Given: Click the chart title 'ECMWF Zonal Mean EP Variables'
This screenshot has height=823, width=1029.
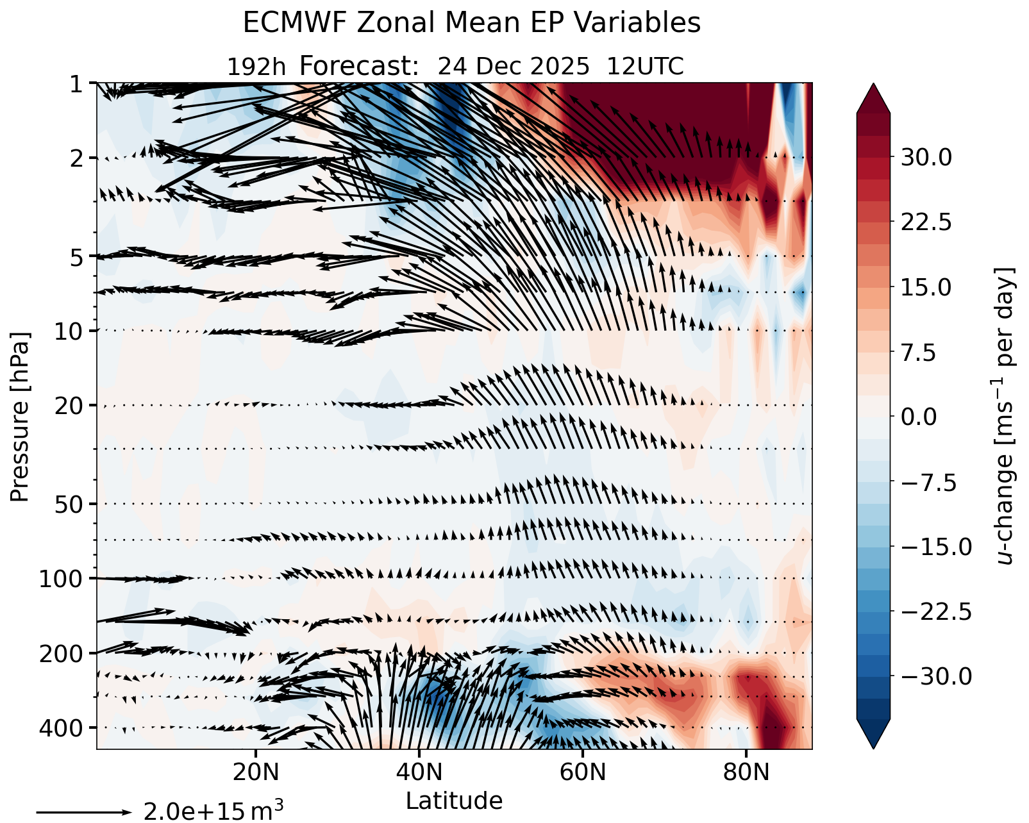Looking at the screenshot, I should coord(471,24).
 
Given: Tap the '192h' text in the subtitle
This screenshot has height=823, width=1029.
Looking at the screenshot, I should coord(256,67).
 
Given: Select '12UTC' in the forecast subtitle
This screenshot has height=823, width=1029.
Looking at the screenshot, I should coord(645,67).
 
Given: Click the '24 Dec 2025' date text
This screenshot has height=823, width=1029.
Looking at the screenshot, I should coord(513,67).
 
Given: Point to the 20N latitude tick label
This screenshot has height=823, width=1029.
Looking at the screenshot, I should coord(256,772).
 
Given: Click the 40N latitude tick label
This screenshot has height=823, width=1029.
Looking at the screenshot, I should coord(419,772).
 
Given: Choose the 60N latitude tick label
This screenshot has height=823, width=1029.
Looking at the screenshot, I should coord(582,772).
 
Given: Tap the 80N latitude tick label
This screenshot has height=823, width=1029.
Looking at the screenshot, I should coord(746,772).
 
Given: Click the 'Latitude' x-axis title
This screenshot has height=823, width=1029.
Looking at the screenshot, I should coord(454,801).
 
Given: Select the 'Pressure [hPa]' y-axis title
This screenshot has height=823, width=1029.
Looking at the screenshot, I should coord(20,417).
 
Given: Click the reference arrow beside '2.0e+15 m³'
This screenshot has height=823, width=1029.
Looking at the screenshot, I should coord(83,812).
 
